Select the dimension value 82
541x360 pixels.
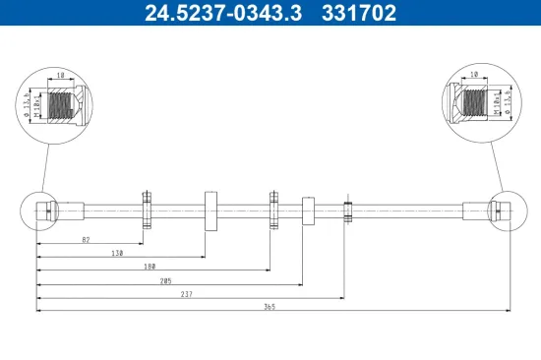(x=86, y=239)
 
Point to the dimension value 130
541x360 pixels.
(x=117, y=253)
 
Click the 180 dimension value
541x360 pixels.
(x=150, y=266)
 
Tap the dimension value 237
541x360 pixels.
(x=187, y=293)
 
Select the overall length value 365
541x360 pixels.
(x=270, y=307)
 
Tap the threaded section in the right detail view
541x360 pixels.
(x=475, y=102)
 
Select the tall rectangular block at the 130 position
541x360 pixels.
(x=210, y=210)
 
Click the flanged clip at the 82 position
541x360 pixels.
(x=146, y=210)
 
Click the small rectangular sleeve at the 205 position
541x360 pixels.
(x=307, y=210)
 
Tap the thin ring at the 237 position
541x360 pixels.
(x=347, y=210)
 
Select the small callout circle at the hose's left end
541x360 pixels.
(x=38, y=210)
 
